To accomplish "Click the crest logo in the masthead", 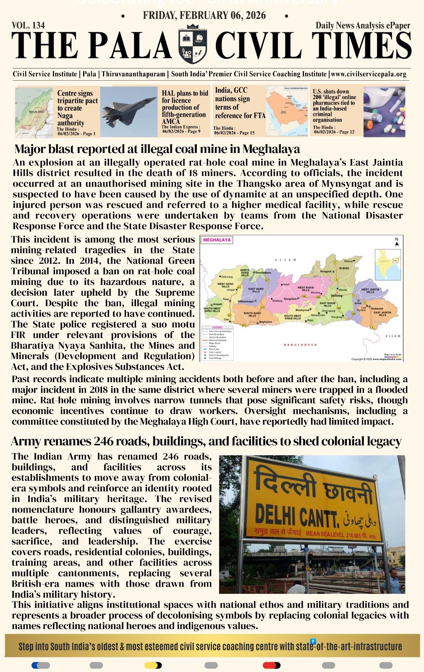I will (193, 44).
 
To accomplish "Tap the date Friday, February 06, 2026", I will (204, 16).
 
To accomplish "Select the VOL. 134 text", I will (29, 25).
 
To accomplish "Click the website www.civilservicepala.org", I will (369, 74).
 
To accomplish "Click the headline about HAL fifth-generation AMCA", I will (185, 107).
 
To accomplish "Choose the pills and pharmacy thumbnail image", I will (384, 112).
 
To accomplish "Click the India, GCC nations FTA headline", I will (240, 103).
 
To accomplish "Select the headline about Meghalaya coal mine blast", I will (157, 149).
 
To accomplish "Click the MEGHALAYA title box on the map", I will (217, 240).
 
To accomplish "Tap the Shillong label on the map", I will (337, 296).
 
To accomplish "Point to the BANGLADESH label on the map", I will (301, 345).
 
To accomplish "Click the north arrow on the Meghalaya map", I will (396, 242).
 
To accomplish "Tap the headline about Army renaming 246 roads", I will (206, 441).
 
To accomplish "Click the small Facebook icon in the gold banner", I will (313, 641).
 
